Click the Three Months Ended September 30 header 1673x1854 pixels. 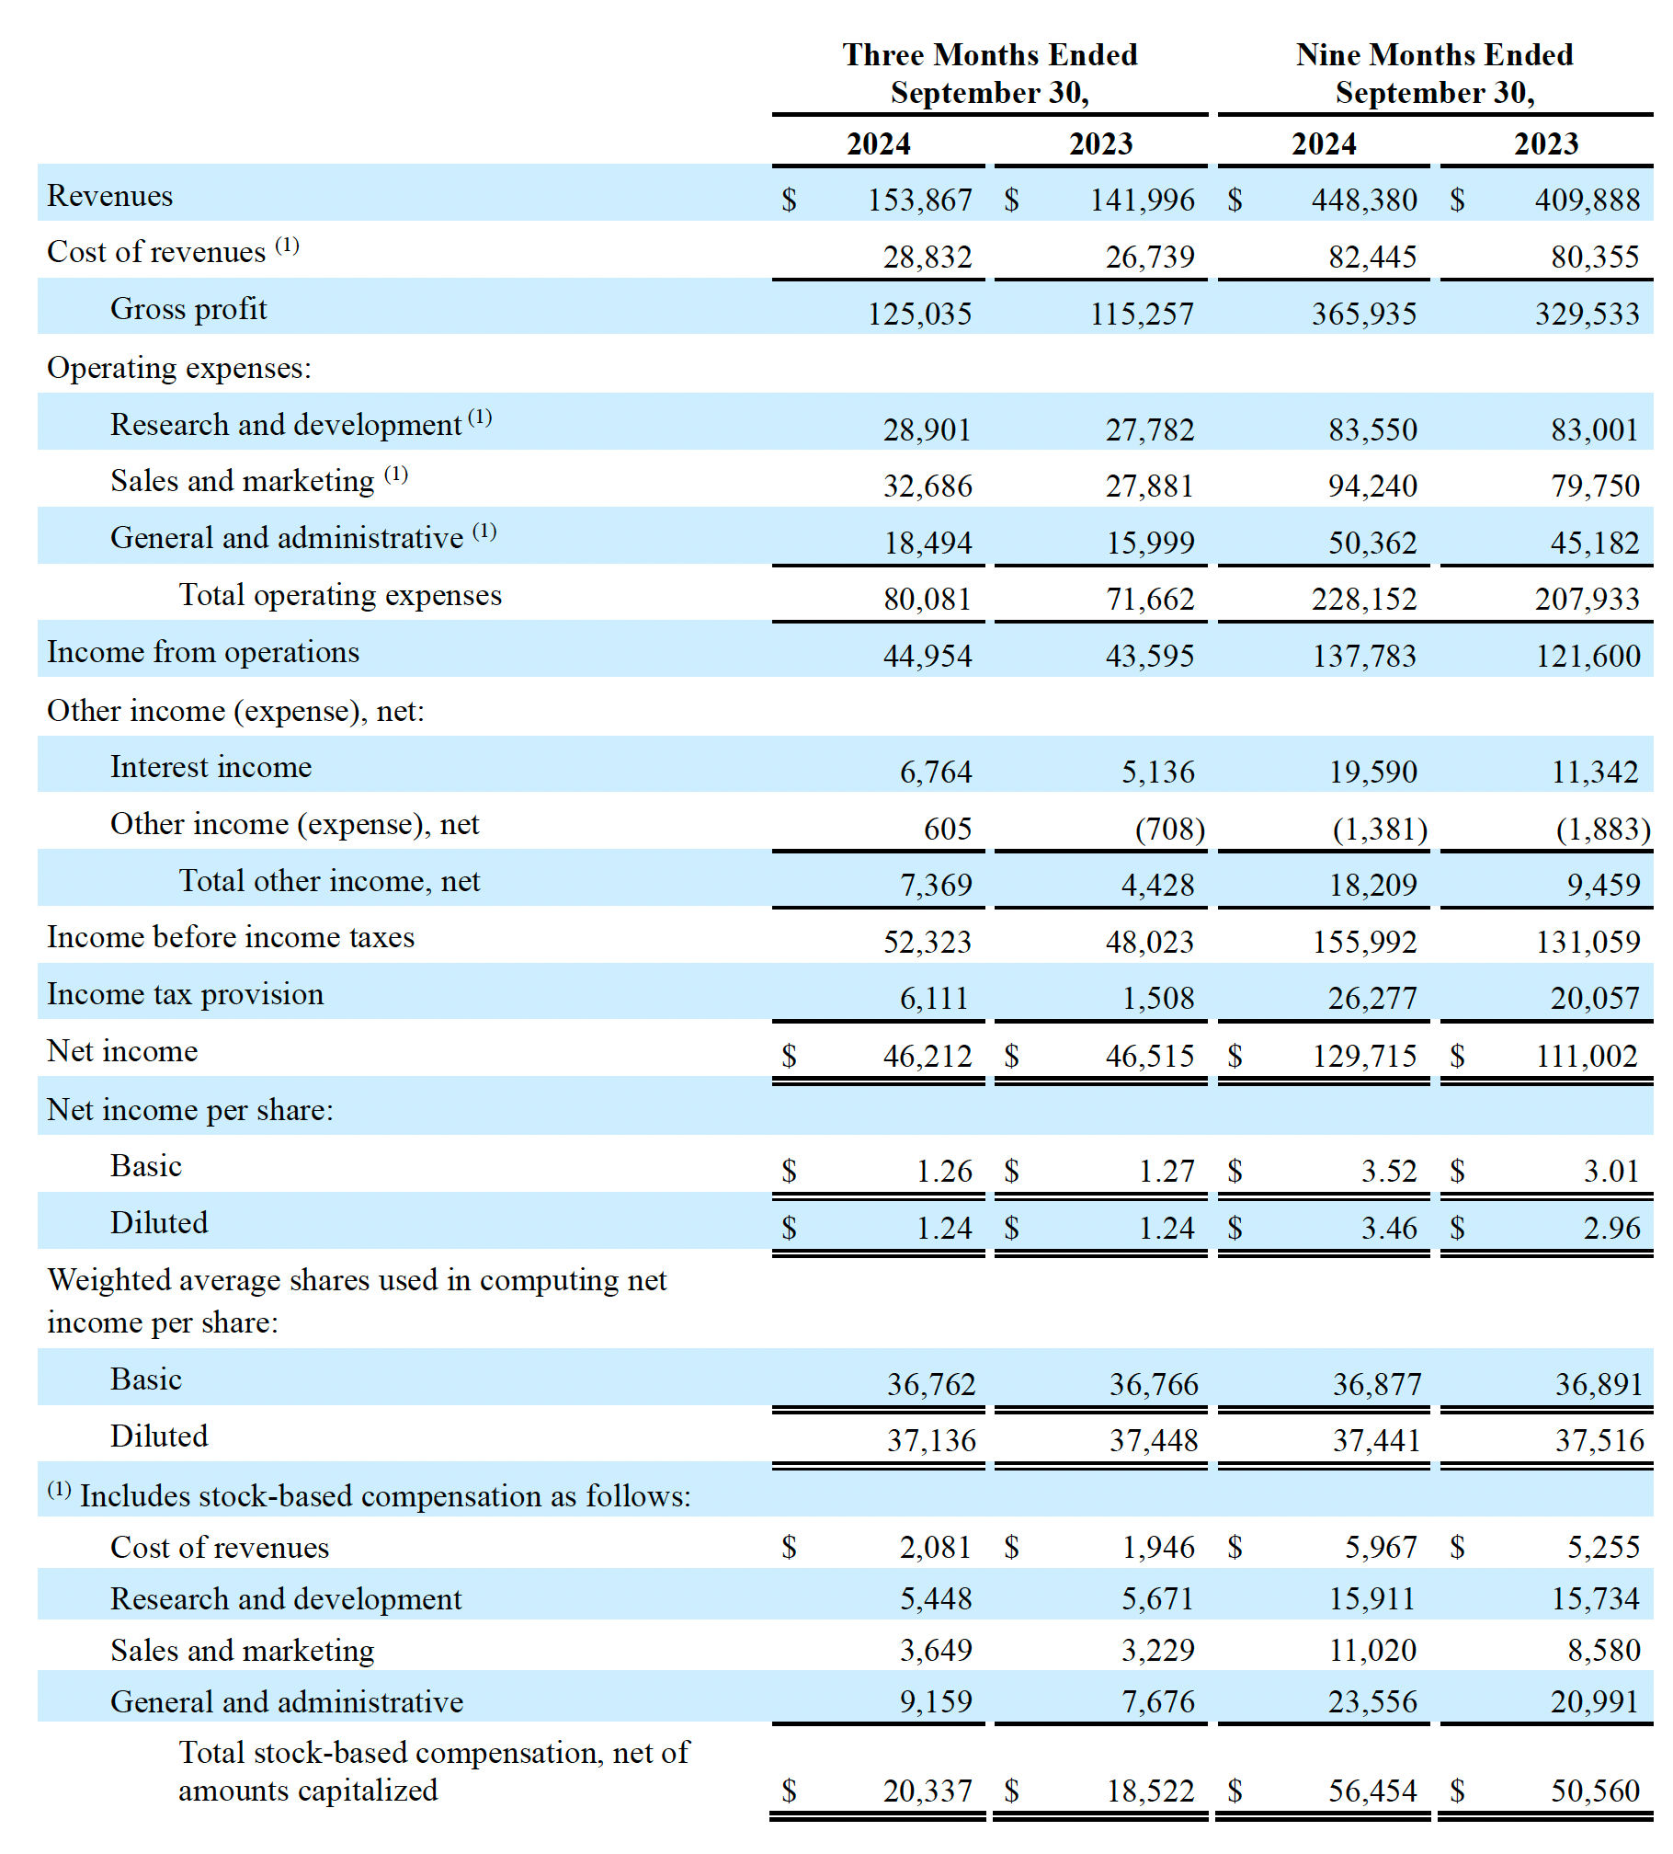click(x=990, y=74)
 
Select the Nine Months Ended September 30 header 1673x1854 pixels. click(x=1435, y=74)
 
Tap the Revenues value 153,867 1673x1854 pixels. click(x=920, y=200)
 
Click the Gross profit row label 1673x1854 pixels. click(x=188, y=309)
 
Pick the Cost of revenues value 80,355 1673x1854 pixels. click(x=1595, y=257)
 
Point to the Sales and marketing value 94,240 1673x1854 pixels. click(x=1372, y=486)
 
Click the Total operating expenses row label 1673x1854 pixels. click(x=340, y=595)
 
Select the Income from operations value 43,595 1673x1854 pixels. click(x=1150, y=656)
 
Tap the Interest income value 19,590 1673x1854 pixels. click(x=1373, y=772)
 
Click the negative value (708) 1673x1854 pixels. click(x=1170, y=830)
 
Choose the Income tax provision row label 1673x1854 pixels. click(x=186, y=994)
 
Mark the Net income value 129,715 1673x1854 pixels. click(x=1365, y=1056)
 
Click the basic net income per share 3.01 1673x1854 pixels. click(x=1611, y=1171)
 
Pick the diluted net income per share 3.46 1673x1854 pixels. click(x=1389, y=1228)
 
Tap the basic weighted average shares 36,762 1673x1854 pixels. click(x=931, y=1384)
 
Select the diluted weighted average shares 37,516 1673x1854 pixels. click(x=1599, y=1440)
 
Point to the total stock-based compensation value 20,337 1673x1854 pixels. click(x=928, y=1791)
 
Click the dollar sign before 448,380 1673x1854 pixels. click(x=1235, y=200)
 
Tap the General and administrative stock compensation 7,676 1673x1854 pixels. click(x=1158, y=1701)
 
